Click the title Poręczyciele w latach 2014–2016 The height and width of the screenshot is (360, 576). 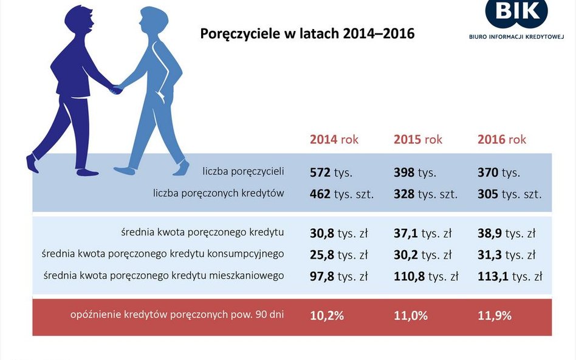[307, 34]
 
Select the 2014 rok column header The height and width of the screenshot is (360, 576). [334, 139]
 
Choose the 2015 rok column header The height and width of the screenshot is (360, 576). [417, 139]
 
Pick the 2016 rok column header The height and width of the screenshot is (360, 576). [501, 139]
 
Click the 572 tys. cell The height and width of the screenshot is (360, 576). [331, 172]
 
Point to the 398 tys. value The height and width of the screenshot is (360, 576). [415, 172]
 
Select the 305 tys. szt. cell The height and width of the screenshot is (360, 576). [509, 194]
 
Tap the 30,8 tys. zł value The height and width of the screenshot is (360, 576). [339, 233]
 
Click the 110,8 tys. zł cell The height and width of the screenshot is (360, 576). [426, 276]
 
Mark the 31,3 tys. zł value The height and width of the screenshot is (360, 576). [506, 255]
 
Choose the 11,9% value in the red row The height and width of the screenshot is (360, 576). [495, 316]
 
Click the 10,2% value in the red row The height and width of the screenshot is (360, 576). [327, 316]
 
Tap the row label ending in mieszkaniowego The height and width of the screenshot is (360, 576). [163, 276]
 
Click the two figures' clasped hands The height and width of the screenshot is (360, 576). [115, 89]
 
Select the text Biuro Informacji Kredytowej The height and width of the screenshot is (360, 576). [516, 36]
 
